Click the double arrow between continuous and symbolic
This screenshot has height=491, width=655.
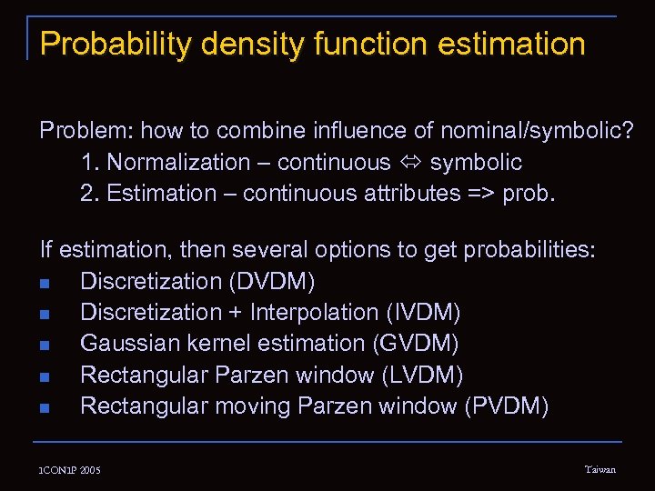(x=410, y=163)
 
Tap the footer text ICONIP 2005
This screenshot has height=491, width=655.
(x=70, y=470)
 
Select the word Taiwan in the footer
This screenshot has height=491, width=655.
(x=600, y=469)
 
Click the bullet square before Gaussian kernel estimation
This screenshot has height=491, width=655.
(x=45, y=345)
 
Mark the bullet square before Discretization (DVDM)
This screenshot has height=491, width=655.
(x=45, y=283)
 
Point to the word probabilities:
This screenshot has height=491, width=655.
(x=529, y=250)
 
